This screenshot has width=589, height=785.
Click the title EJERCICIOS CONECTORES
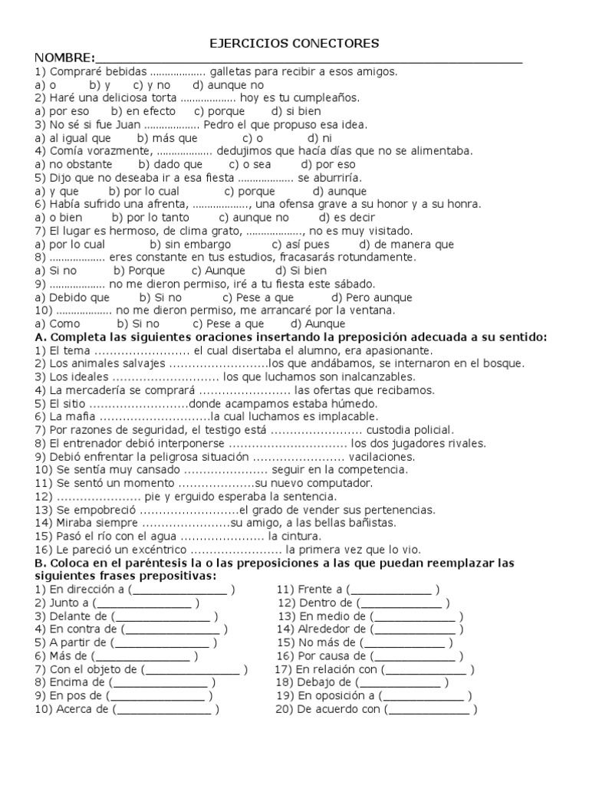[294, 44]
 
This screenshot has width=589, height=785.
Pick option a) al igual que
[73, 138]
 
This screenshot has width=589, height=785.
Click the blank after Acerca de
[165, 709]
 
